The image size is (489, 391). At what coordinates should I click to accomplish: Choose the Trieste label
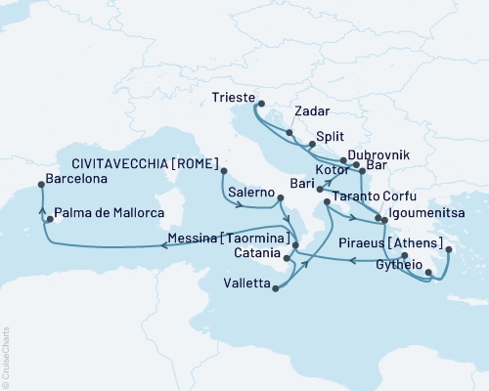click(233, 98)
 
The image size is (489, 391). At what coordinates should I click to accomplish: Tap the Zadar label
click(312, 112)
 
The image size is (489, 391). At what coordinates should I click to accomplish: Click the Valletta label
click(244, 288)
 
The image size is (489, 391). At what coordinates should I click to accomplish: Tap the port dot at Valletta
click(277, 288)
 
